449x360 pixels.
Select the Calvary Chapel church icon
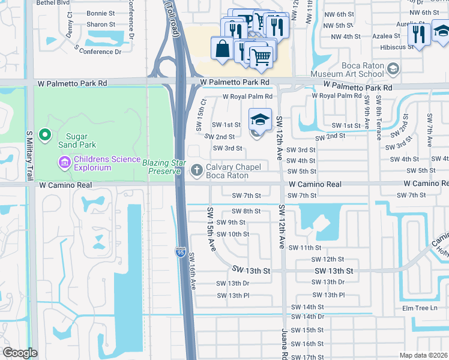[196, 172]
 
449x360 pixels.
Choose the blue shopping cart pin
[261, 58]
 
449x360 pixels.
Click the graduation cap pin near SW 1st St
[260, 119]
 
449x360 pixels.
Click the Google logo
[20, 353]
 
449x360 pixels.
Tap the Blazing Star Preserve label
[161, 167]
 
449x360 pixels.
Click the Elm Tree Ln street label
[423, 308]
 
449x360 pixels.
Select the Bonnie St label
[101, 13]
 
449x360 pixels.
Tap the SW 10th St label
[233, 234]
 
